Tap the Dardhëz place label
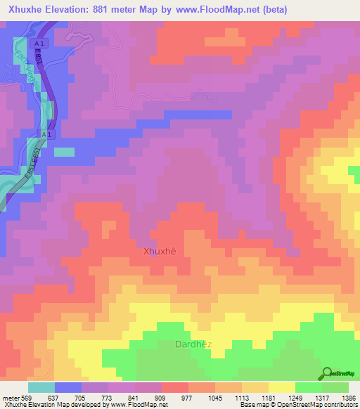tap(191, 344)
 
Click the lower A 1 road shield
tap(46, 134)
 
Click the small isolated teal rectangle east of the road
tap(64, 151)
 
